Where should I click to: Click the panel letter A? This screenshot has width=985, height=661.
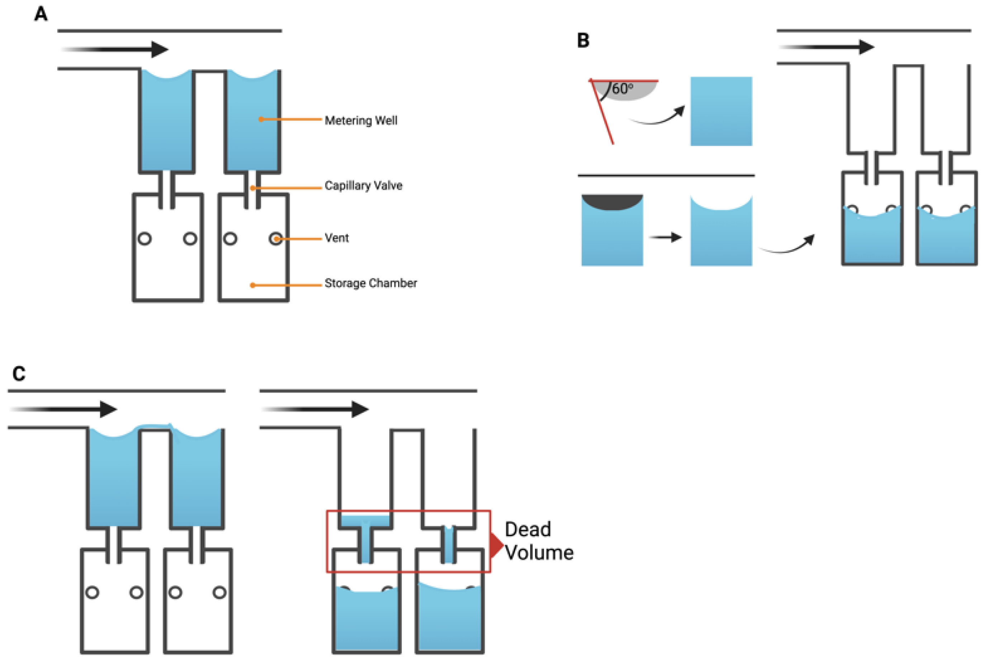41,14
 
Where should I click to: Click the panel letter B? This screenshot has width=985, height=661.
583,41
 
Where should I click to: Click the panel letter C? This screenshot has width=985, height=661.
19,373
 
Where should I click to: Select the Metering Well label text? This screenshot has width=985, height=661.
361,121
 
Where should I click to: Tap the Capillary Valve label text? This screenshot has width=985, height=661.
363,185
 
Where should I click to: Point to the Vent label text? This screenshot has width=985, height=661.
337,238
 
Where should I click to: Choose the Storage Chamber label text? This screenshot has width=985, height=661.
371,283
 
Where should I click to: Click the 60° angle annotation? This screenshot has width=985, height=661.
622,89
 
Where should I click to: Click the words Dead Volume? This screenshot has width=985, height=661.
539,541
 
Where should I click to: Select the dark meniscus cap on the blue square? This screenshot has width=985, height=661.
612,202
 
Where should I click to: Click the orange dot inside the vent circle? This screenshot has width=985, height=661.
276,239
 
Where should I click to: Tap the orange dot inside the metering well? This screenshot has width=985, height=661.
261,120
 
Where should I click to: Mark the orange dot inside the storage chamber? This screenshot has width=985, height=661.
252,285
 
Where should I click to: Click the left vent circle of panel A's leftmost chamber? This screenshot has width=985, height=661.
144,239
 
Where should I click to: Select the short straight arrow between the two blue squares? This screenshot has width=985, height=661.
665,237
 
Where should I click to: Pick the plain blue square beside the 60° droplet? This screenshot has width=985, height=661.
721,111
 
